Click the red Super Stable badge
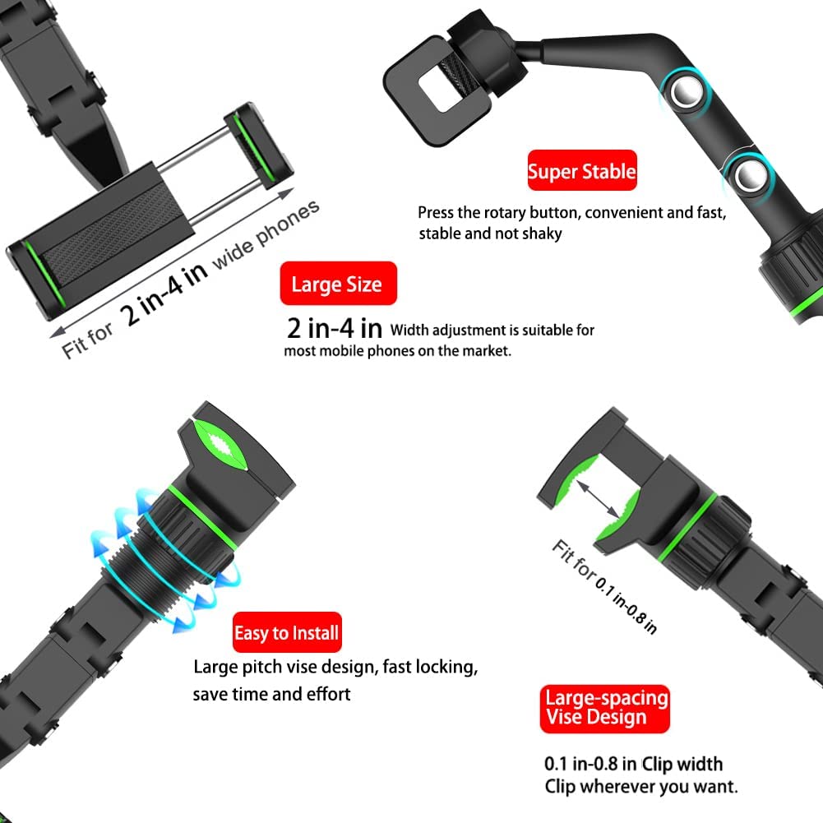click(582, 170)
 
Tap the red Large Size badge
click(338, 284)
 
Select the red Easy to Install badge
click(287, 632)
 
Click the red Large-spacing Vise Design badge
click(604, 709)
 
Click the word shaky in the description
click(542, 234)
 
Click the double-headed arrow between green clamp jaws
click(599, 498)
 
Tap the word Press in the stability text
click(436, 213)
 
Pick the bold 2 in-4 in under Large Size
click(335, 328)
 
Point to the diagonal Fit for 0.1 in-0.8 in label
click(604, 586)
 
